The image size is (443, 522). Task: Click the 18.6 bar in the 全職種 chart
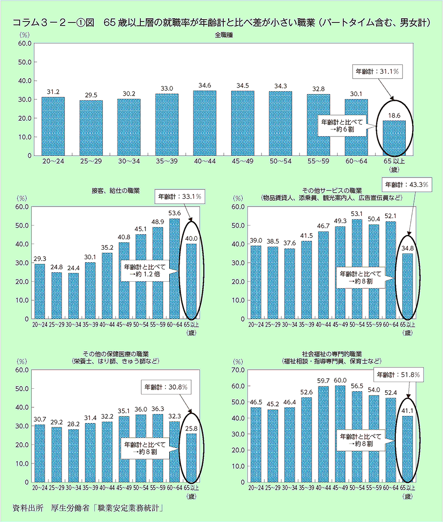394,138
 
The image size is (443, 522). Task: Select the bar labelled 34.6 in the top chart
204,123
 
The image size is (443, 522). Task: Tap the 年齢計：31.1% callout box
377,72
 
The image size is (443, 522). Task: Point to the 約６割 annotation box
342,126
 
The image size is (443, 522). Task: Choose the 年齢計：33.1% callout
178,196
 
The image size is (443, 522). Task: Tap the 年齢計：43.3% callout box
406,184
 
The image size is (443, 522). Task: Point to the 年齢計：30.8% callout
166,387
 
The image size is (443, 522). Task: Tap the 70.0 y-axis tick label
238,370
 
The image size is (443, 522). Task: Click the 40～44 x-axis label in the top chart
204,162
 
